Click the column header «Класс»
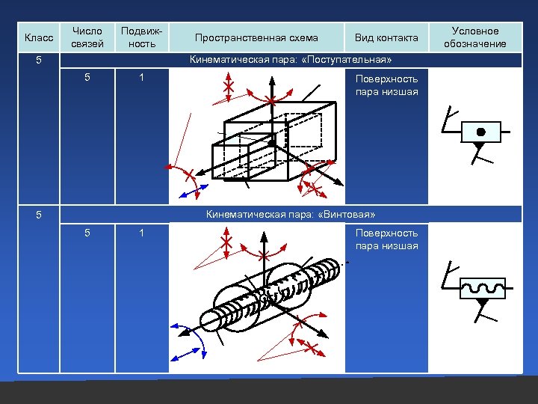(x=39, y=37)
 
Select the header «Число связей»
(x=87, y=37)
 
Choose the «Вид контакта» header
(x=386, y=37)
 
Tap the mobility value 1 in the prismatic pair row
(x=141, y=77)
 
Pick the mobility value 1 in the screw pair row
(x=141, y=233)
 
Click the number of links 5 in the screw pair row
(x=87, y=233)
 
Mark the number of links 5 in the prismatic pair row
(x=87, y=77)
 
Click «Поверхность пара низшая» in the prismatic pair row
(x=386, y=85)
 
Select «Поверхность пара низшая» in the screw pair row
(x=386, y=239)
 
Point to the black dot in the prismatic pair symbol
(x=481, y=132)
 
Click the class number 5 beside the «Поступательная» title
(x=43, y=59)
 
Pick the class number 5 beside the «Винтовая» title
(x=43, y=215)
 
